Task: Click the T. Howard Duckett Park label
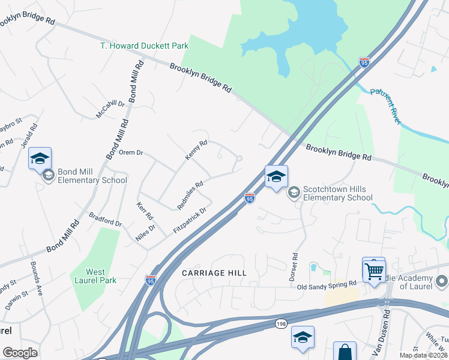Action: coord(144,46)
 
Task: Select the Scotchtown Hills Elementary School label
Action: coord(338,193)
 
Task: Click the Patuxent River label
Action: coord(385,106)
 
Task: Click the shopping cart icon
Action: coord(373,271)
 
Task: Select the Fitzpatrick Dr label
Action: coord(189,220)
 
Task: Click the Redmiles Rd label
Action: coord(190,195)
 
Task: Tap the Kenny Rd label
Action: coord(196,149)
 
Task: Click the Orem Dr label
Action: coord(131,152)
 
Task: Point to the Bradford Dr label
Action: coord(106,219)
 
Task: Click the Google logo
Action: coord(20,353)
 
